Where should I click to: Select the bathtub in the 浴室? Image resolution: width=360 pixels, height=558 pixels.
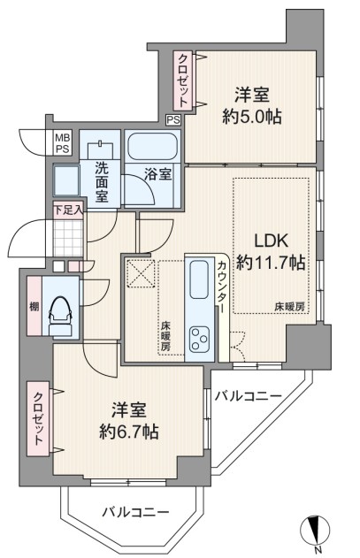153,147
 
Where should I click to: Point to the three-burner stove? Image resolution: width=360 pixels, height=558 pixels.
199,339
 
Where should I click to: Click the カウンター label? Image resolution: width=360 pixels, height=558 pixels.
221,287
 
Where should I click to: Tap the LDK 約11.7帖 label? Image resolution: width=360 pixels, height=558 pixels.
271,252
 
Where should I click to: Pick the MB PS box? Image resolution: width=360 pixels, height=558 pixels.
62,142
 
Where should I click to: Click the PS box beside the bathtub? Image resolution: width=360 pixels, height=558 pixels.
173,120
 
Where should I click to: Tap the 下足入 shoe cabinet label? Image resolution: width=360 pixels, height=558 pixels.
68,210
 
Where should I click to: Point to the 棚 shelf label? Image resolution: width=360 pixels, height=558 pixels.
34,306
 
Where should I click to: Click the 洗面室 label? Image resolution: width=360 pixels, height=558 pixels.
102,182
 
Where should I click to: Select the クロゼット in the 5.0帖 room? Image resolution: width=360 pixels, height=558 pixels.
183,80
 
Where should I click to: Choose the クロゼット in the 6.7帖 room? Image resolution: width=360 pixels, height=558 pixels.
38,418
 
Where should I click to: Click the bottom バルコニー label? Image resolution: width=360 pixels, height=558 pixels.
135,512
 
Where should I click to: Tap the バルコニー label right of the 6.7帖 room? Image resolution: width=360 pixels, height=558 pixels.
249,395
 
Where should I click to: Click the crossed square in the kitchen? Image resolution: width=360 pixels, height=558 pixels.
142,273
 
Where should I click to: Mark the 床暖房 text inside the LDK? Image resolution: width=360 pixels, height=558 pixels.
289,307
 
